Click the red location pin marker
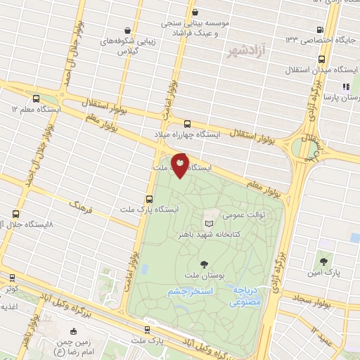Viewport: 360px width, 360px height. [180, 164]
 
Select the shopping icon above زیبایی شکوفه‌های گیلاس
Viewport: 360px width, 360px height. [127, 31]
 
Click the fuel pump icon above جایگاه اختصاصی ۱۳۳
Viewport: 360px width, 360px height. [321, 30]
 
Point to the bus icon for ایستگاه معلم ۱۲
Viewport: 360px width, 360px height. [36, 98]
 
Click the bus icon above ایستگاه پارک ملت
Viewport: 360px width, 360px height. [149, 199]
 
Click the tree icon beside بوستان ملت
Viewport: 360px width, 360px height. [204, 264]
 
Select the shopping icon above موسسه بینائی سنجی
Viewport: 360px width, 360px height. [196, 12]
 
